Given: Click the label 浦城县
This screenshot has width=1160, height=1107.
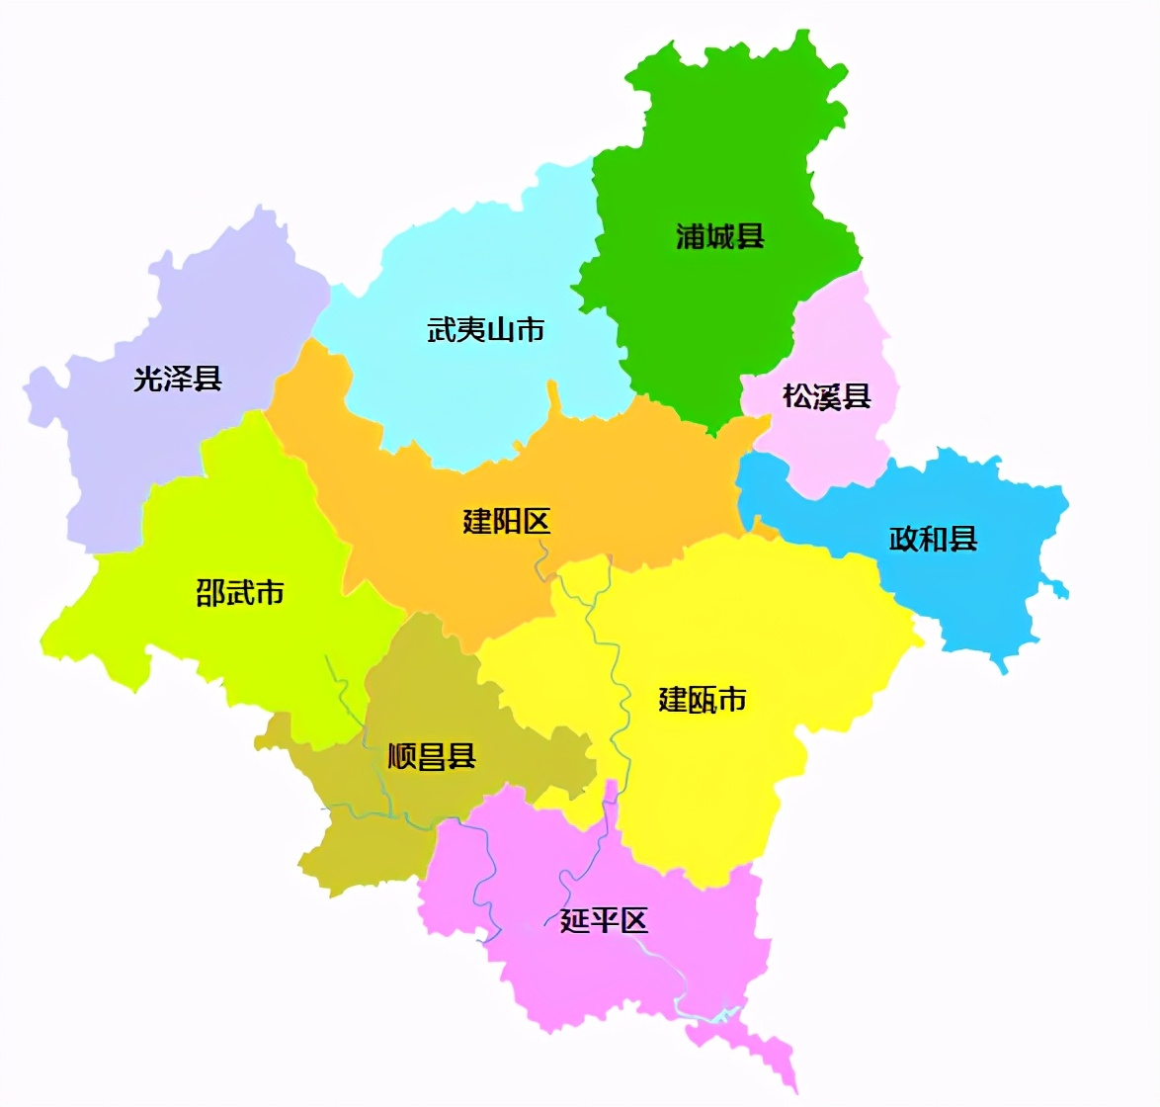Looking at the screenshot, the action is click(x=719, y=237).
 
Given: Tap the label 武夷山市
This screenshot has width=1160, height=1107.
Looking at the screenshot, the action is click(x=485, y=330).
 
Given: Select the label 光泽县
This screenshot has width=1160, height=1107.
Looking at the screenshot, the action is click(x=178, y=379).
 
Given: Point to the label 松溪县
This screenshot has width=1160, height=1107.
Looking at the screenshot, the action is click(x=826, y=397).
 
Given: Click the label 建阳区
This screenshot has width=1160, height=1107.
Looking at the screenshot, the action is click(x=506, y=521).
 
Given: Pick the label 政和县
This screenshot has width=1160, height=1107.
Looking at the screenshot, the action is click(x=933, y=539).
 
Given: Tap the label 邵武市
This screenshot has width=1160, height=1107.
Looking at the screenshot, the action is click(x=240, y=593).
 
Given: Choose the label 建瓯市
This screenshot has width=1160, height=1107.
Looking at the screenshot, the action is click(x=703, y=700).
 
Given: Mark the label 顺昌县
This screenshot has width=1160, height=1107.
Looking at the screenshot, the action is click(x=432, y=757).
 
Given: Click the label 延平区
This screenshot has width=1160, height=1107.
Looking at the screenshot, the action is click(x=604, y=921).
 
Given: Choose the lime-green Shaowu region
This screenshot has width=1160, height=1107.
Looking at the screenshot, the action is click(x=247, y=652).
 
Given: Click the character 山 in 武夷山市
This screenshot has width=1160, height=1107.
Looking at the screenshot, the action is click(x=500, y=330).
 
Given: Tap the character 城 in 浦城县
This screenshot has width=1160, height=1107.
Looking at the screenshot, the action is click(x=719, y=237).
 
